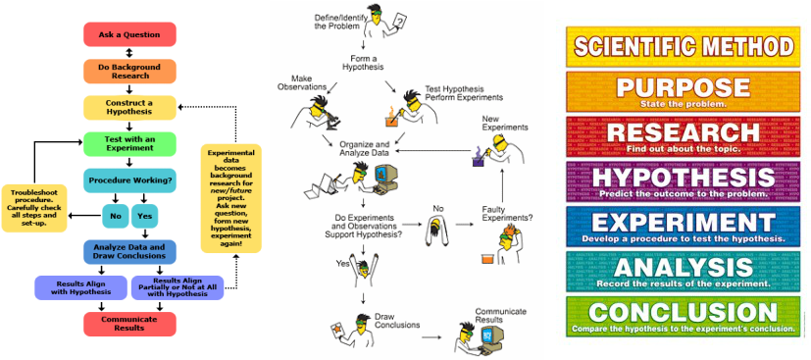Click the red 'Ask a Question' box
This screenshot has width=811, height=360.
click(129, 34)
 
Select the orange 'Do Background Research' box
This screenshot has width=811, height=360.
click(129, 71)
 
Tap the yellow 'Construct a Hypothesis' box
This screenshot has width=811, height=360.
click(129, 108)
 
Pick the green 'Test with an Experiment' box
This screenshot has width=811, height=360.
click(129, 144)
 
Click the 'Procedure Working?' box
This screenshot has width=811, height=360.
click(129, 180)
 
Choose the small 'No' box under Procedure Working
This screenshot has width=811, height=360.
click(115, 216)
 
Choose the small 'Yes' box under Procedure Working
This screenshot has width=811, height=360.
click(145, 216)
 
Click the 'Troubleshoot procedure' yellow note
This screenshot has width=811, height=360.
click(34, 208)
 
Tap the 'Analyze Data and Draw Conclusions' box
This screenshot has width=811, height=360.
click(129, 251)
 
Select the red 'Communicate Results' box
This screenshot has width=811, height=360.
click(129, 323)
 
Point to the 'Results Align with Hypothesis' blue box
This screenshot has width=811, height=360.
click(81, 286)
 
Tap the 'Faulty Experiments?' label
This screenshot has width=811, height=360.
click(507, 218)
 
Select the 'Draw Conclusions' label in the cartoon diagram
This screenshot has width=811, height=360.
click(396, 322)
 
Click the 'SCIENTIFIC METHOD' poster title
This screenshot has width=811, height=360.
click(684, 45)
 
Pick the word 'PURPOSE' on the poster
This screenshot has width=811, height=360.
click(684, 86)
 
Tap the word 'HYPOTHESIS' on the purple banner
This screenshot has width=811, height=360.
click(684, 177)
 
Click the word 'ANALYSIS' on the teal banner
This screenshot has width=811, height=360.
click(684, 268)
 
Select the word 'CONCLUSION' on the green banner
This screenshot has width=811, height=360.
click(684, 312)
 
